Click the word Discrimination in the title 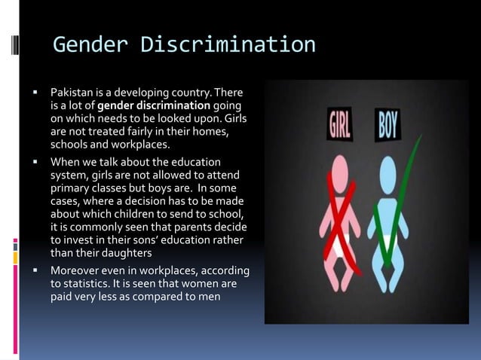coord(228,45)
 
